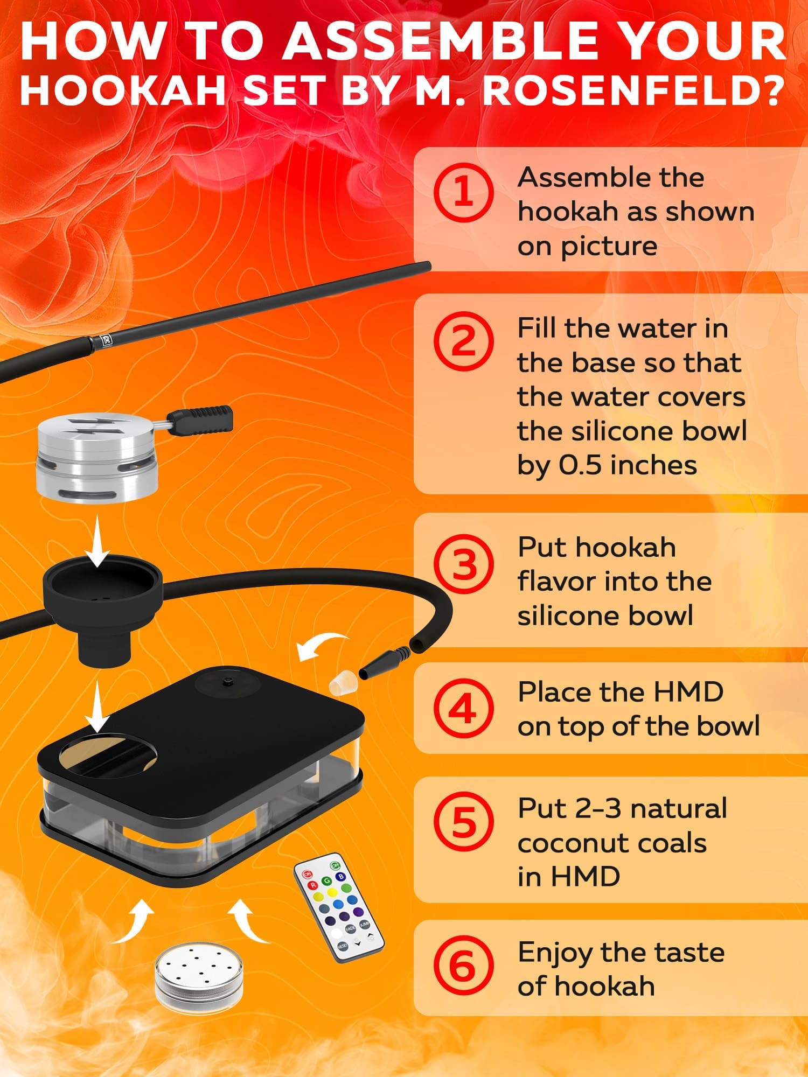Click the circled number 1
click(464, 193)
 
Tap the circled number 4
click(464, 709)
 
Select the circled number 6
click(464, 967)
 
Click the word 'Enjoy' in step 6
click(555, 953)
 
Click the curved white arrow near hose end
click(321, 647)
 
